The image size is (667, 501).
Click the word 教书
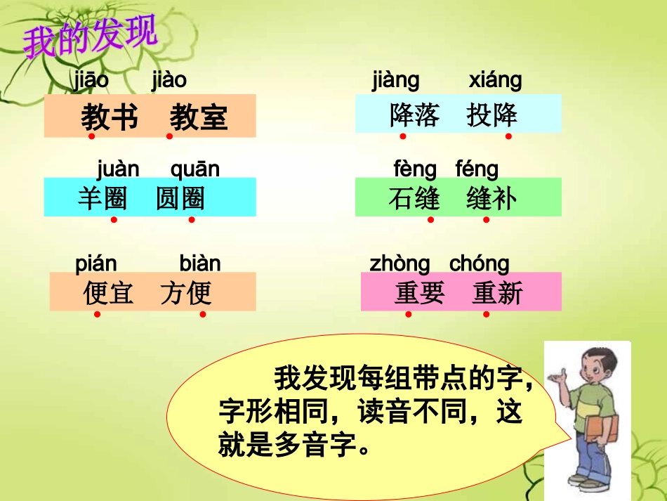[109, 117]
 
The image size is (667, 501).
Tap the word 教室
[199, 117]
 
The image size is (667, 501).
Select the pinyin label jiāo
[91, 81]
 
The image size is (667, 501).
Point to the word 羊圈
[103, 199]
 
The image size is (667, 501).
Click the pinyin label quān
[194, 169]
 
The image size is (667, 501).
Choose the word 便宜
[108, 292]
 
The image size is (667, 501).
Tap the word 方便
[185, 292]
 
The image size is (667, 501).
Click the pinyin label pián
[96, 264]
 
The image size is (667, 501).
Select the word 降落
[414, 115]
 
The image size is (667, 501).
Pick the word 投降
[492, 115]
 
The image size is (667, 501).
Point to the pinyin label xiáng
[495, 81]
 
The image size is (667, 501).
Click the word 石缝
[414, 199]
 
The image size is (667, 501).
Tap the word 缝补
[491, 199]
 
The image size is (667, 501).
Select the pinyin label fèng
[415, 169]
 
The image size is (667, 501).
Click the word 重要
[419, 293]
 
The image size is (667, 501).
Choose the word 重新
[498, 293]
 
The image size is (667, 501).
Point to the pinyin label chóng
[479, 264]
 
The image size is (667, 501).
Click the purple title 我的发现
[90, 39]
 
